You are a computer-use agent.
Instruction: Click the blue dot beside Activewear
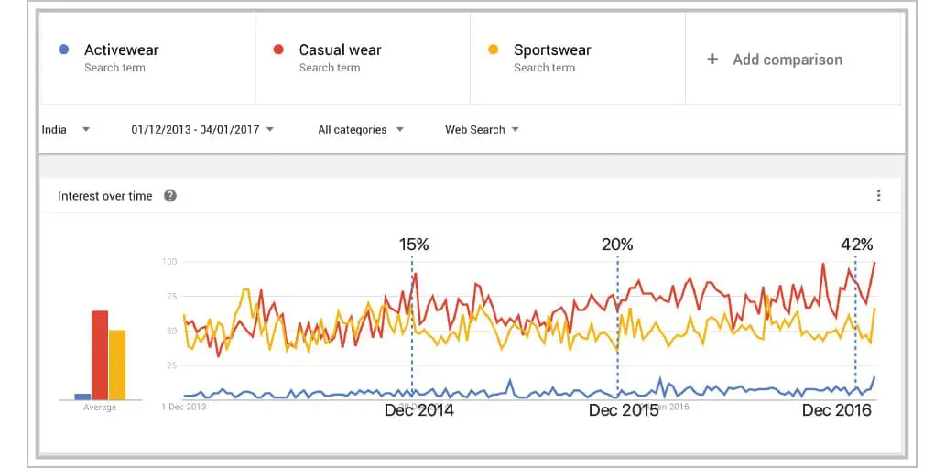(x=61, y=49)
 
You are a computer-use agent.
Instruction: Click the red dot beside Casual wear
(x=278, y=49)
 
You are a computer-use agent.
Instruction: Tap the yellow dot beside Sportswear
(x=493, y=49)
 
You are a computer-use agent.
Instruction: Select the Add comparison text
(x=787, y=60)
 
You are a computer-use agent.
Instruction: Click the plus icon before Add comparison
(x=712, y=60)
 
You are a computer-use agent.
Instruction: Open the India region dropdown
(x=66, y=129)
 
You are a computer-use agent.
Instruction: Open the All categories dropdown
(x=361, y=129)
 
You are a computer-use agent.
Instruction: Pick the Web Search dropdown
(x=482, y=129)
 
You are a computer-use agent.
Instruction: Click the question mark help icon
(x=169, y=196)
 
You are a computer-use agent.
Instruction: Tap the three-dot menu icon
(x=878, y=196)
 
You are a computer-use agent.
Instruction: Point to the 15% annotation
(x=414, y=245)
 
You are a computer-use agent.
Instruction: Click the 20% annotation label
(x=617, y=245)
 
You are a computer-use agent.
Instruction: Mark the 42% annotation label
(x=857, y=245)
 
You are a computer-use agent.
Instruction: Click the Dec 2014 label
(x=418, y=410)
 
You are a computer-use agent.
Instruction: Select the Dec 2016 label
(x=836, y=410)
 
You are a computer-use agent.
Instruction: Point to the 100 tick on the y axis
(x=169, y=262)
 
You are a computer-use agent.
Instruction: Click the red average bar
(x=99, y=355)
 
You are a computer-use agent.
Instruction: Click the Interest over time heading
(x=105, y=196)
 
